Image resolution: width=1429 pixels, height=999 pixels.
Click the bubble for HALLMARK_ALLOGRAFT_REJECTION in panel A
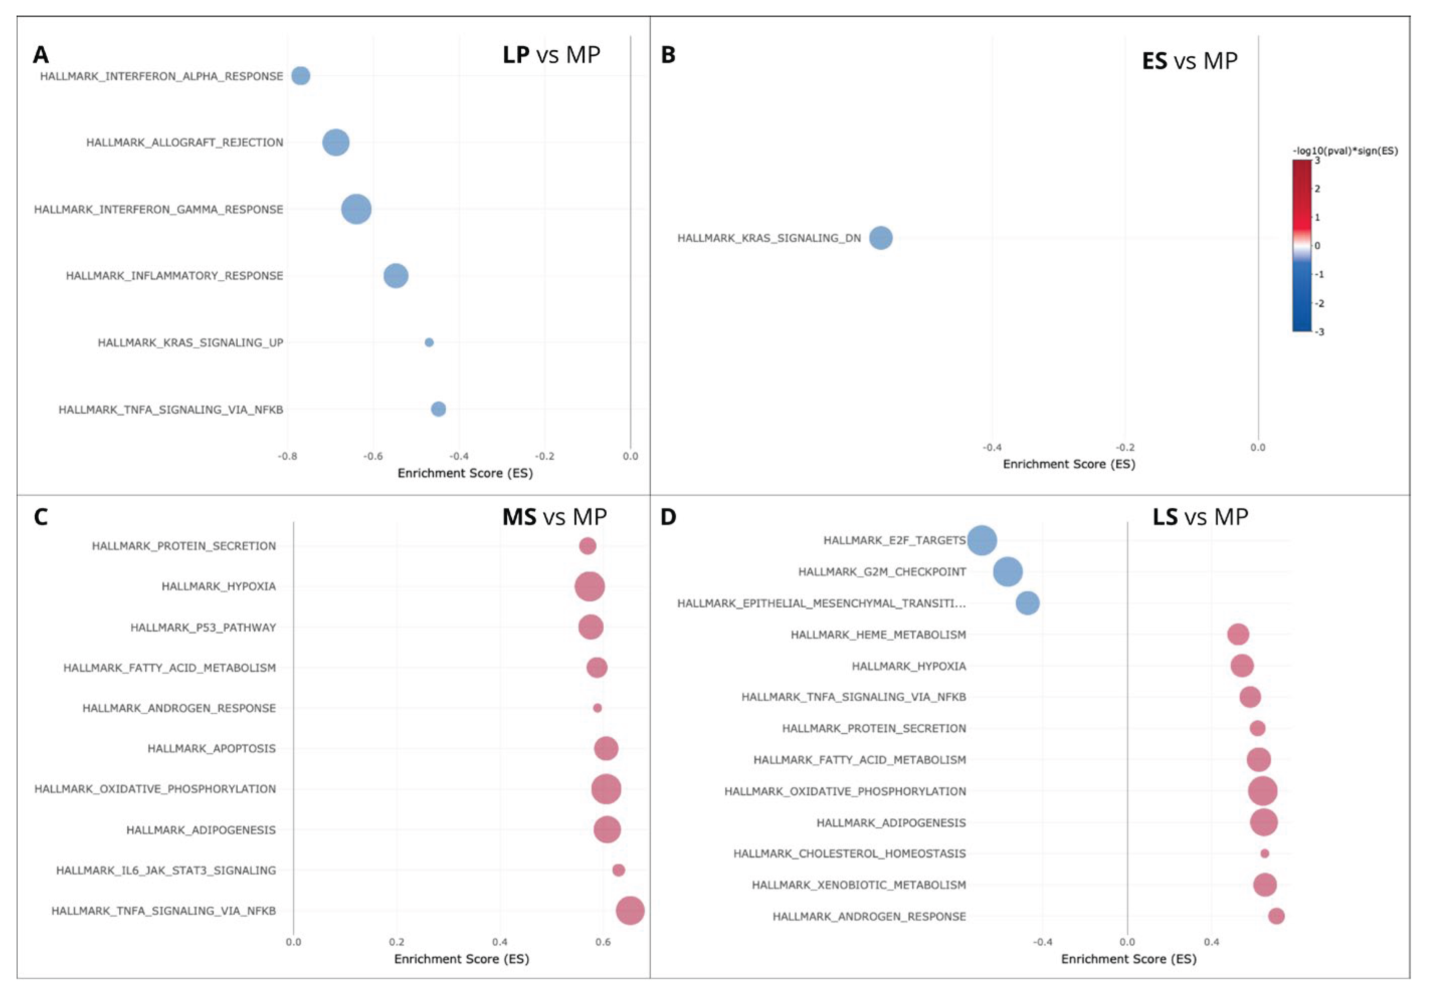tap(335, 143)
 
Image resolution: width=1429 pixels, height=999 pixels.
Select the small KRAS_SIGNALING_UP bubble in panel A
tap(429, 342)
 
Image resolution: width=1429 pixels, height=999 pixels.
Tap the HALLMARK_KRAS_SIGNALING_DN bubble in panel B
tap(880, 238)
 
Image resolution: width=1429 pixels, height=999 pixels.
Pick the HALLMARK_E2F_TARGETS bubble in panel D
tap(982, 540)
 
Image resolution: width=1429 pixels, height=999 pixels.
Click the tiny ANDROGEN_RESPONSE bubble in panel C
tap(597, 708)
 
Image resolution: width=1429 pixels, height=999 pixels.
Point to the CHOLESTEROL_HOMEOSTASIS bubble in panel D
tap(1264, 853)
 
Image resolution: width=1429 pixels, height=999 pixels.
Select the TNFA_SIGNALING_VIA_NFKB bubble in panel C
tap(630, 911)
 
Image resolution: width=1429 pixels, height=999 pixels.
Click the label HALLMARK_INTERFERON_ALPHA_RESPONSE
tap(161, 76)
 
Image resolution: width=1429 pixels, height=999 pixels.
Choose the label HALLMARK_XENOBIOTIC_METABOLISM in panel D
tap(859, 884)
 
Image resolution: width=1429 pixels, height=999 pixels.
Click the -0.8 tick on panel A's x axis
tap(287, 456)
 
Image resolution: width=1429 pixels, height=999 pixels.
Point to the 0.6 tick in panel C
tap(603, 942)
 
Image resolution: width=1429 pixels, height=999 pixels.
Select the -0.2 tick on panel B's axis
tap(1125, 447)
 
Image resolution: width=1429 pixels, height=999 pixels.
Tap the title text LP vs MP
tap(551, 55)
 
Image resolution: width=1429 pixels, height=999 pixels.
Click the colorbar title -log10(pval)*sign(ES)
tap(1345, 151)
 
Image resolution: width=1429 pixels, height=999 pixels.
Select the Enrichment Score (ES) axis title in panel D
tap(1128, 958)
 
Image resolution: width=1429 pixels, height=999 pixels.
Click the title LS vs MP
tap(1200, 517)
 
